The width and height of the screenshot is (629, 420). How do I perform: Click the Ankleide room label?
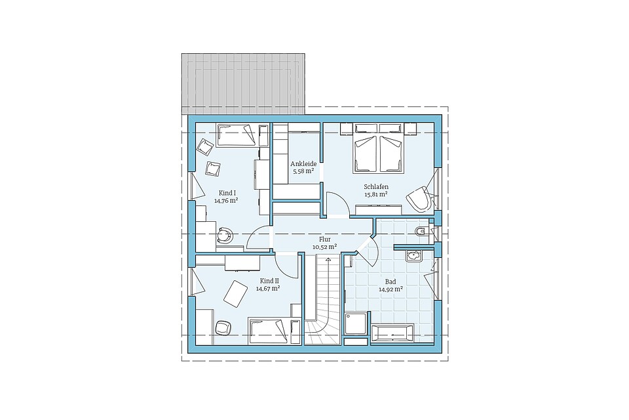pyautogui.click(x=303, y=163)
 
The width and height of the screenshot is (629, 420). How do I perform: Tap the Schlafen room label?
pyautogui.click(x=376, y=187)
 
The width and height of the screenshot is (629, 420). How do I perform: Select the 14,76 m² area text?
pyautogui.click(x=226, y=200)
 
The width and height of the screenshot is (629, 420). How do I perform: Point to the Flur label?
pyautogui.click(x=324, y=239)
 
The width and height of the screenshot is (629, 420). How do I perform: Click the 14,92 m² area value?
pyautogui.click(x=391, y=288)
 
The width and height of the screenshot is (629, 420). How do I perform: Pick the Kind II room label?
pyautogui.click(x=269, y=280)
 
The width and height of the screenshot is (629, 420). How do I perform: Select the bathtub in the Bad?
pyautogui.click(x=392, y=333)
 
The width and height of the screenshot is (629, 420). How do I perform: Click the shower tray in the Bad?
pyautogui.click(x=355, y=324)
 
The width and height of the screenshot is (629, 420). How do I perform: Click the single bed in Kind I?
pyautogui.click(x=236, y=135)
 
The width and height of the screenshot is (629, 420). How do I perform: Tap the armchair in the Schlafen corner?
pyautogui.click(x=419, y=199)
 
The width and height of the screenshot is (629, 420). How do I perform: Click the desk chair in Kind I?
pyautogui.click(x=224, y=236)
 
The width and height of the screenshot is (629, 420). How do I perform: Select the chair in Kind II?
pyautogui.click(x=223, y=327)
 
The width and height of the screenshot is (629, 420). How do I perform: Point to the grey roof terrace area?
pyautogui.click(x=244, y=83)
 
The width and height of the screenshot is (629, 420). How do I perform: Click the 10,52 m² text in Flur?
pyautogui.click(x=324, y=247)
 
